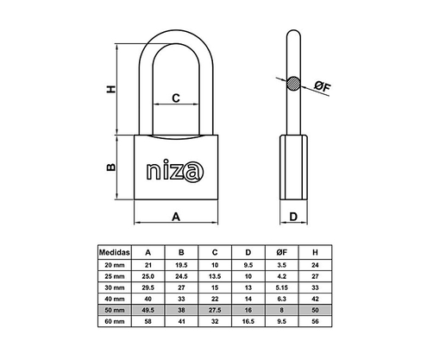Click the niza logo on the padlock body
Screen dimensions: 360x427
pos(176,167)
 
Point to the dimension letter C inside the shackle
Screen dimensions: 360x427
pos(175,98)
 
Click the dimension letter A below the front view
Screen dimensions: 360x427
pos(176,218)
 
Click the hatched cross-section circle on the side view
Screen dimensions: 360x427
pos(293,85)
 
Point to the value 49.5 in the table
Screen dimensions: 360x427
pos(148,309)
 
